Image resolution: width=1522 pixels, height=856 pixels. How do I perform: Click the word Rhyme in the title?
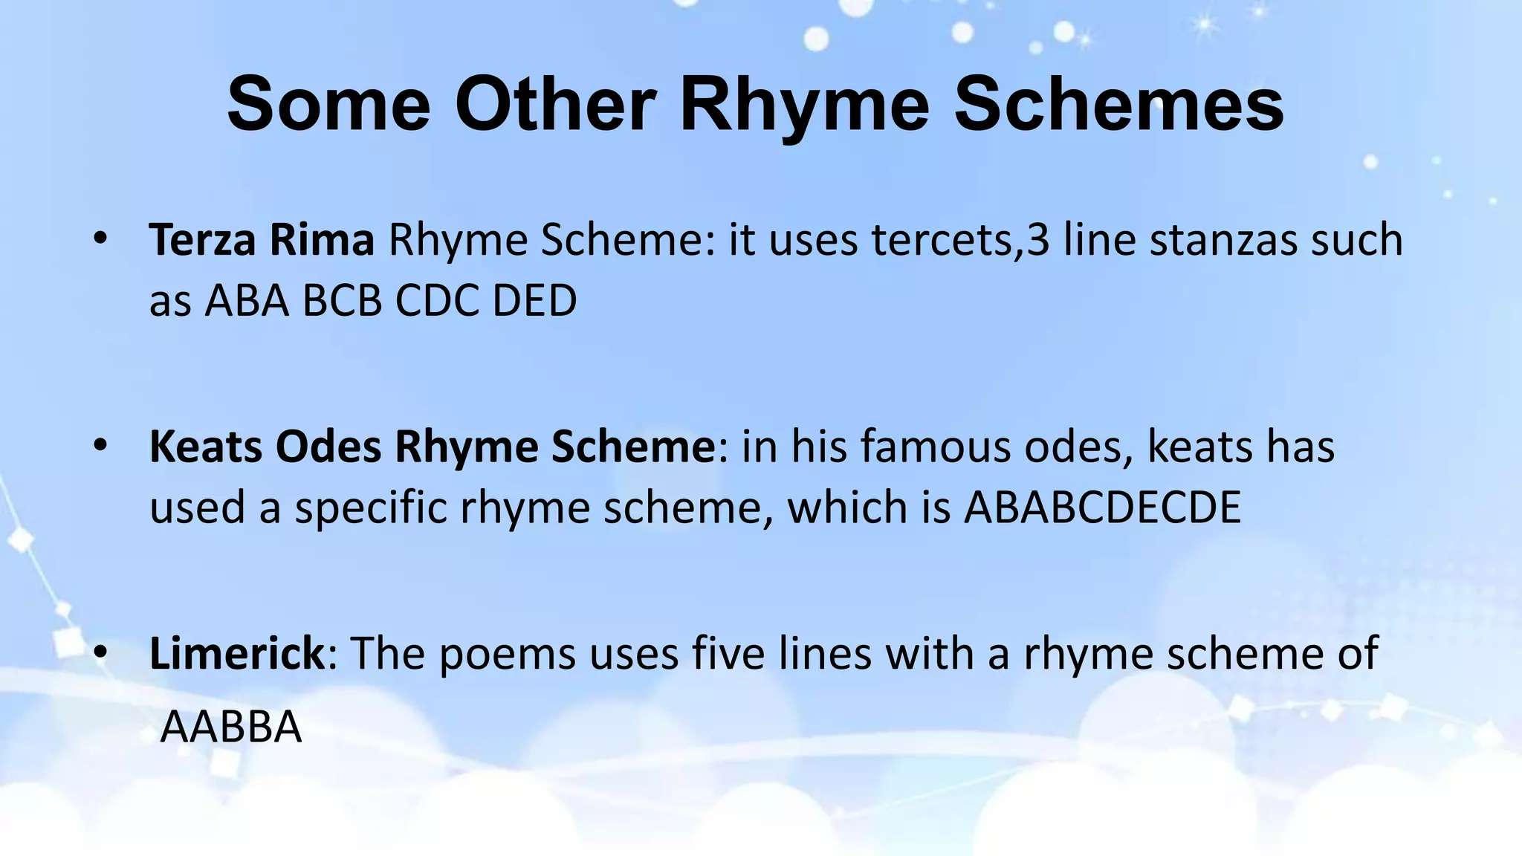pos(804,106)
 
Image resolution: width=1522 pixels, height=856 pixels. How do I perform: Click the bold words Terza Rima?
pos(262,240)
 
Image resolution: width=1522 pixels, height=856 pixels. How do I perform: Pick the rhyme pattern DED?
pos(534,301)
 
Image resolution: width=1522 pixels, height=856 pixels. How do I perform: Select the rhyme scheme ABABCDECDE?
pos(1102,508)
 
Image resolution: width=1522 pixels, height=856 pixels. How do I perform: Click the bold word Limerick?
pos(237,653)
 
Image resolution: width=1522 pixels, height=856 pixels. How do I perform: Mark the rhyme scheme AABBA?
pos(231,727)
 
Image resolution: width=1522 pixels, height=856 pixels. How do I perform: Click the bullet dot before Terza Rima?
pos(101,239)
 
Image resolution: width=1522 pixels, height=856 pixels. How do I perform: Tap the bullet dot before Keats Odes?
pos(101,446)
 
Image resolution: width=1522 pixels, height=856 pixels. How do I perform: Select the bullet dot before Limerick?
pos(101,652)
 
